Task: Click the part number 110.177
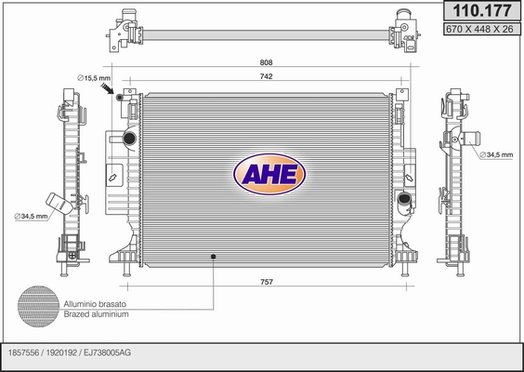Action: [482, 11]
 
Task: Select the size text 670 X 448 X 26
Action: [479, 29]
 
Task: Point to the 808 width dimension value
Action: [266, 62]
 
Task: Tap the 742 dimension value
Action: [266, 76]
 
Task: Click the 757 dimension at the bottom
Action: [267, 282]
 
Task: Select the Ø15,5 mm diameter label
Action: [94, 78]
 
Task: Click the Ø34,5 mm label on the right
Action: [496, 155]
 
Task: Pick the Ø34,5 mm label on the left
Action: [31, 216]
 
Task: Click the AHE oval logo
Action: [269, 174]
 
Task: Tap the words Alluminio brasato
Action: [95, 304]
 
